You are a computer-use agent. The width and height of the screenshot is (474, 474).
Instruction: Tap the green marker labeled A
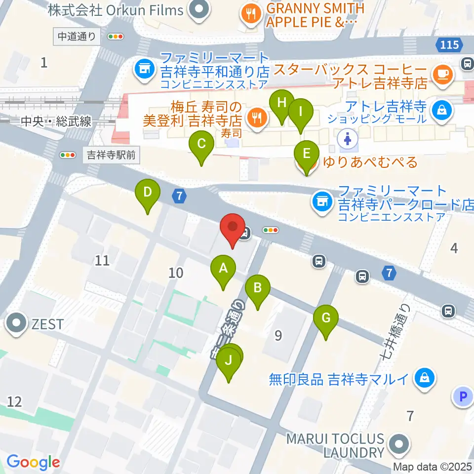coord(223,269)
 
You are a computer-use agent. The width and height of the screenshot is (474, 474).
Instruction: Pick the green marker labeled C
coord(201,145)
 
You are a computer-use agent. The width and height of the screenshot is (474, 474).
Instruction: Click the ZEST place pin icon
coord(16,324)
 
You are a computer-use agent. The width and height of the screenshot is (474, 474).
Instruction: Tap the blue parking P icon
coord(463,396)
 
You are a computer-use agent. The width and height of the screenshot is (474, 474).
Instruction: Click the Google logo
coord(33,462)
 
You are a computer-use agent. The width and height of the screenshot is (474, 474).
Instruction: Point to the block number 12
coord(15,401)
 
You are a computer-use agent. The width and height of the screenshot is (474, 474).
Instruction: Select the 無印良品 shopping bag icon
coord(423,379)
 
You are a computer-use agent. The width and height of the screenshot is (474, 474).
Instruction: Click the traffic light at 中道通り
coord(116,36)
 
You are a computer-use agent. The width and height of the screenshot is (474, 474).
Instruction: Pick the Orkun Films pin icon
coord(199,10)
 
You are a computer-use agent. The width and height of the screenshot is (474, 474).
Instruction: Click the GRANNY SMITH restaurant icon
coord(251,13)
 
